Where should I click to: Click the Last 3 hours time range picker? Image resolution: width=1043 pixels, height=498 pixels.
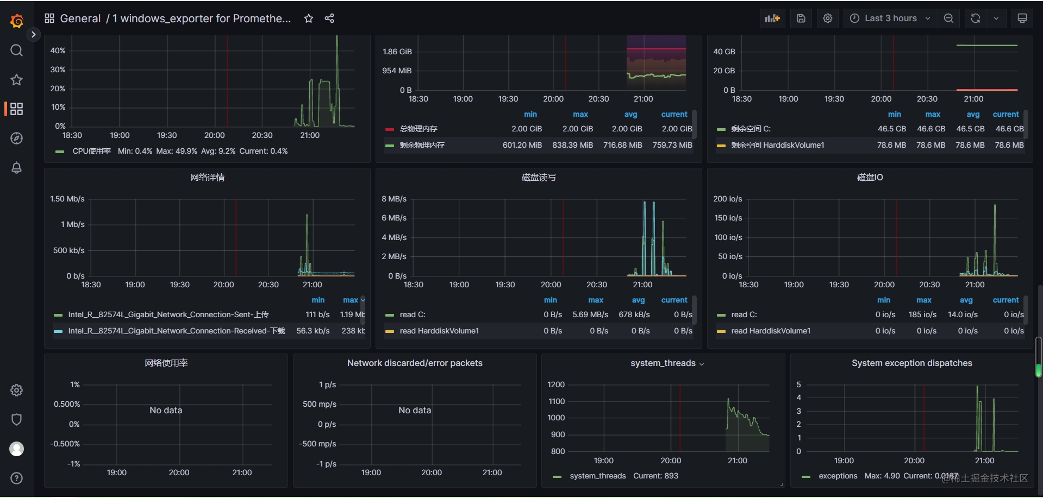[x=890, y=18]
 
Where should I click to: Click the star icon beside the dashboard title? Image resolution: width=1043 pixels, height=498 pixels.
[x=309, y=18]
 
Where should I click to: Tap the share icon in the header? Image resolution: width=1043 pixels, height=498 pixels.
[x=329, y=18]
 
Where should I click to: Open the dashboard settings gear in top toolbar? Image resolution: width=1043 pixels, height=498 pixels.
[x=827, y=18]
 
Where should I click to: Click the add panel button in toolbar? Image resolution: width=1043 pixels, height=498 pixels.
[x=772, y=18]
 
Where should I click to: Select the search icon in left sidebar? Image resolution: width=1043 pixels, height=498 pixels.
[x=16, y=51]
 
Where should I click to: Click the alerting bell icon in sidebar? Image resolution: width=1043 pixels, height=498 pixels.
[x=16, y=168]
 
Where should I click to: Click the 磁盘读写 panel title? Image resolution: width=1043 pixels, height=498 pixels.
[x=538, y=178]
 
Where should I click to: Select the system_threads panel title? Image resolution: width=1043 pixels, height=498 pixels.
[x=663, y=363]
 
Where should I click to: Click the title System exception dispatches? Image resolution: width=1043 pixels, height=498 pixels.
[x=911, y=363]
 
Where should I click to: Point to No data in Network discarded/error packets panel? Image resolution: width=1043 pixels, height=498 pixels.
[x=414, y=411]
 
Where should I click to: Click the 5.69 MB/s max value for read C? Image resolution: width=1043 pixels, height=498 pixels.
[x=590, y=315]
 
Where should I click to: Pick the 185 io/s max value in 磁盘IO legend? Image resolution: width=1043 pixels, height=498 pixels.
[x=922, y=315]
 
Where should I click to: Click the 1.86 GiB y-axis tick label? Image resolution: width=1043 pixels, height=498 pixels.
[x=397, y=52]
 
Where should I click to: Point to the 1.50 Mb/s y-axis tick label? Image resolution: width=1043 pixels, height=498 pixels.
[x=67, y=199]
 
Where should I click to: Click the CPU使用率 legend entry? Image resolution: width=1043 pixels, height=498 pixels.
[x=91, y=152]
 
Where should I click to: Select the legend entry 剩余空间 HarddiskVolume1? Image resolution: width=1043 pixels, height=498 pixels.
[x=777, y=146]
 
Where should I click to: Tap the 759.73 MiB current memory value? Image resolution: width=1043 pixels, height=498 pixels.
[x=672, y=146]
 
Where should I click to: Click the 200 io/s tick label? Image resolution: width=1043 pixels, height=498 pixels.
[x=727, y=199]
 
